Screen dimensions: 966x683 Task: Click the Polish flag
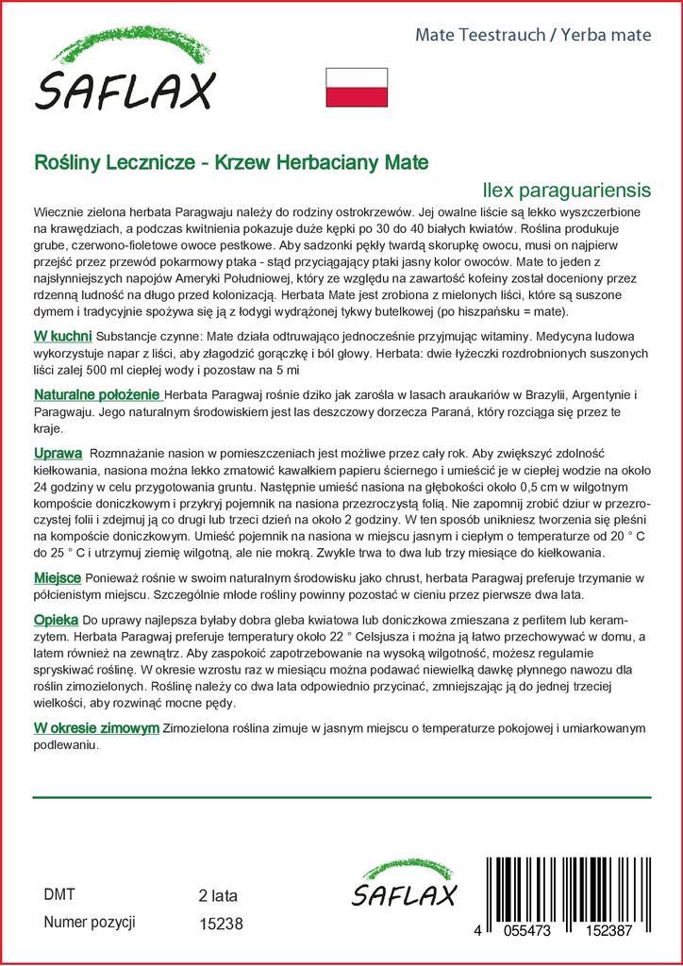357,87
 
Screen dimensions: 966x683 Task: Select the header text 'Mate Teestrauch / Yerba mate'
534,35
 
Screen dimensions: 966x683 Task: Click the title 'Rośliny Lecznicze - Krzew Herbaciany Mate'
231,162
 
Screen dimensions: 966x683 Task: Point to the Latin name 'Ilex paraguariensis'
566,190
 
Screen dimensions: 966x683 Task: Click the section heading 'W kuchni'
62,336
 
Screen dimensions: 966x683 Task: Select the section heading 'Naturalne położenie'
97,394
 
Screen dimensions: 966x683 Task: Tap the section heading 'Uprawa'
58,453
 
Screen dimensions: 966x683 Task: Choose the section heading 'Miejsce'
58,576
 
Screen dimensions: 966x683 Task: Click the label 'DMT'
59,894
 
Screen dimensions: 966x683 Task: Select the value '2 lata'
218,895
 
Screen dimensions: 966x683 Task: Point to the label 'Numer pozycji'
90,923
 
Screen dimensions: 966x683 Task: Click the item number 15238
222,925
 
